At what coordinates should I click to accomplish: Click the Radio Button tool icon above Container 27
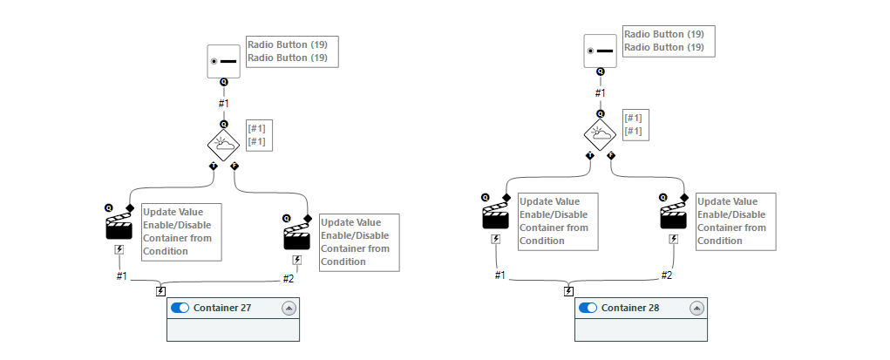[x=224, y=61]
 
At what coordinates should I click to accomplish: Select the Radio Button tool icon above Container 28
[x=601, y=51]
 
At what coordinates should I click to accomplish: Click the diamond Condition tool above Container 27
[x=224, y=143]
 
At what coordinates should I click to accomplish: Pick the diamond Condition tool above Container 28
[x=601, y=132]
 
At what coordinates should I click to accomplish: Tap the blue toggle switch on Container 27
[x=180, y=308]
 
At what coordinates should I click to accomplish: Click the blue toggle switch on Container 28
[x=588, y=308]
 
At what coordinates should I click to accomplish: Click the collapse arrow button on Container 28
[x=696, y=308]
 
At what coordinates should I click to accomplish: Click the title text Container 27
[x=222, y=308]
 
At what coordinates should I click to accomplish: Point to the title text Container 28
[x=630, y=308]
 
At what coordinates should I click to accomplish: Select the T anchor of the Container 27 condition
[x=214, y=166]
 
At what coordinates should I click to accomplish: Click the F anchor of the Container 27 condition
[x=234, y=166]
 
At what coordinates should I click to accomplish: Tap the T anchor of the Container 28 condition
[x=591, y=155]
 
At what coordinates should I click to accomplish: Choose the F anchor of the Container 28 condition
[x=611, y=155]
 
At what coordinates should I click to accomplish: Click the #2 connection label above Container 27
[x=289, y=278]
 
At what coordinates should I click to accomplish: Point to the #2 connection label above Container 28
[x=666, y=275]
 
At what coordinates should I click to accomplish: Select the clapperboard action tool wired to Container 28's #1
[x=495, y=215]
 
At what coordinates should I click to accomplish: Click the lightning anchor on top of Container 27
[x=160, y=291]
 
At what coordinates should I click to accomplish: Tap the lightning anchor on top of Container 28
[x=568, y=291]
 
